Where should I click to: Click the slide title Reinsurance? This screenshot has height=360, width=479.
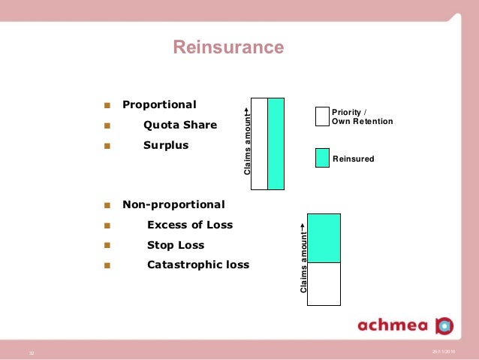(x=228, y=48)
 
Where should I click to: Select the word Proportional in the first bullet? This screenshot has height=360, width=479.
(x=159, y=104)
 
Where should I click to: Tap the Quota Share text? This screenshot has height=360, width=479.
(x=180, y=125)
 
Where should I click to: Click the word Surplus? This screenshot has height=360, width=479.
(x=166, y=144)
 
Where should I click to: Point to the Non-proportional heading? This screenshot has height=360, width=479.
(x=173, y=204)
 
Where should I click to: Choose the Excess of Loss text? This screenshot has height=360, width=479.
(x=190, y=225)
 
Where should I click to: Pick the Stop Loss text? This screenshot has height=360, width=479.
(x=176, y=245)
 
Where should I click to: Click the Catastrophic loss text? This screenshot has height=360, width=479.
(x=198, y=265)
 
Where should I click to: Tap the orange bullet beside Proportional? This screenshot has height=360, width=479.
(x=107, y=105)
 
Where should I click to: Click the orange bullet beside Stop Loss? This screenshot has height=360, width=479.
(x=107, y=245)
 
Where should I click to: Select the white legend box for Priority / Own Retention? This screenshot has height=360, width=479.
(x=322, y=116)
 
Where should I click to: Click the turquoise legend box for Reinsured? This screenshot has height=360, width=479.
(x=322, y=157)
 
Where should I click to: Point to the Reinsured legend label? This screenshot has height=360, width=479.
(x=353, y=159)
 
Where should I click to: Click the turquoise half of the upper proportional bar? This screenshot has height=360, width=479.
(x=276, y=144)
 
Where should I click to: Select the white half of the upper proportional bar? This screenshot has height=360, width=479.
(x=260, y=144)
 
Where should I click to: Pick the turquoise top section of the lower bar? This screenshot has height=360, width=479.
(x=324, y=237)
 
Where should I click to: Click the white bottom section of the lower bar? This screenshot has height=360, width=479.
(x=324, y=283)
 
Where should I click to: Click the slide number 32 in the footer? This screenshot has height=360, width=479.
(x=32, y=352)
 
